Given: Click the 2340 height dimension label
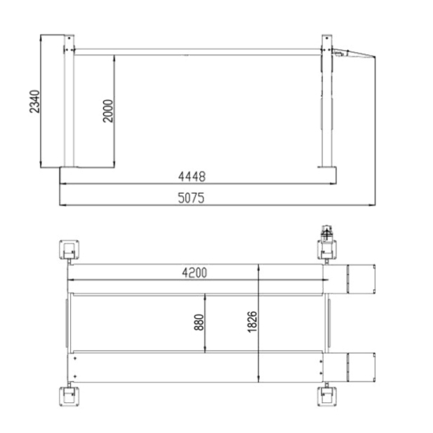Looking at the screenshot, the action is click(x=35, y=102).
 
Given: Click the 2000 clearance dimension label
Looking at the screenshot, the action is click(x=108, y=111).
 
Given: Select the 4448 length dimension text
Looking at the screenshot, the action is click(x=192, y=176).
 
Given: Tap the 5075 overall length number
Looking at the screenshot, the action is click(x=191, y=198).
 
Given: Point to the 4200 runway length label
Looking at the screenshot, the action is click(x=194, y=273).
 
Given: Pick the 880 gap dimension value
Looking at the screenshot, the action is click(x=199, y=322).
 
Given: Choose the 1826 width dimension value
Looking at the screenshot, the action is click(x=252, y=322).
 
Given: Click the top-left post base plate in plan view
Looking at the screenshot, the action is click(x=69, y=250).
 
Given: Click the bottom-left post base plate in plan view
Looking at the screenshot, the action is click(x=69, y=396).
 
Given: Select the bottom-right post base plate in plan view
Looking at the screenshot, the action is click(x=327, y=396).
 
